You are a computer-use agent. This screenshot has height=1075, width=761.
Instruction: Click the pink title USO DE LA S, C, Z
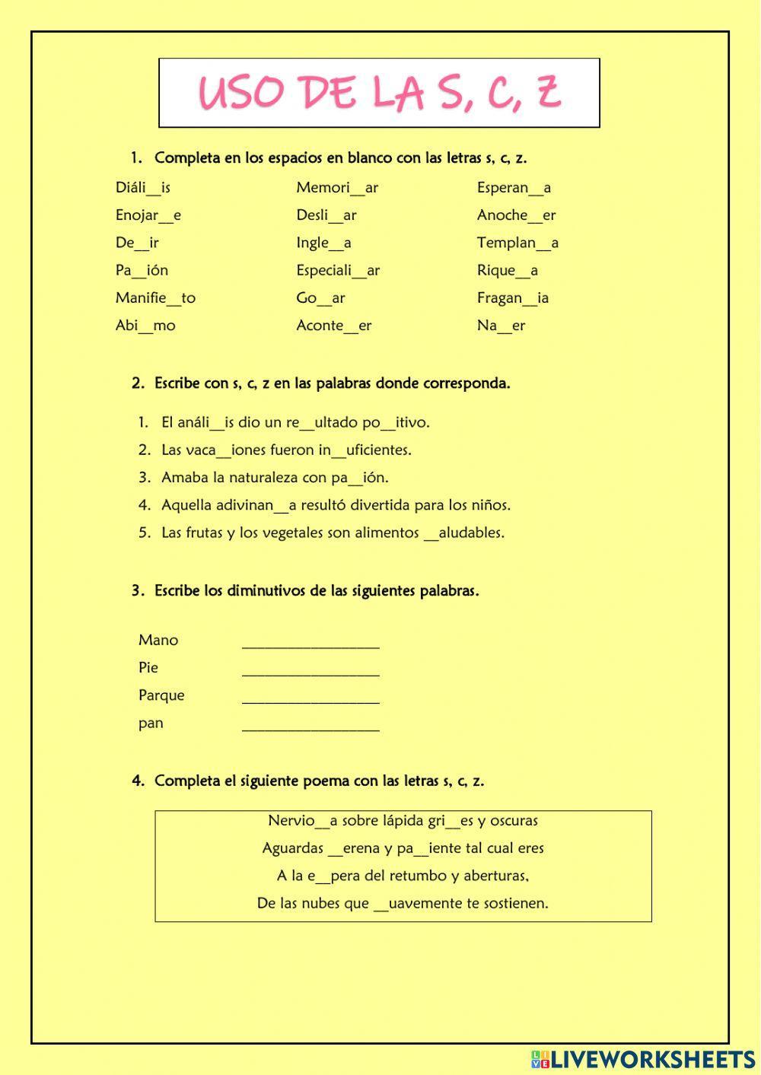(x=379, y=93)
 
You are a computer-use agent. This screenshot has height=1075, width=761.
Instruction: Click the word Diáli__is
(x=143, y=188)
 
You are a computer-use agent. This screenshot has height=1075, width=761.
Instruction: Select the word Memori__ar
(x=337, y=188)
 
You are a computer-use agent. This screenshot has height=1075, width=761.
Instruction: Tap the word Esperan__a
(x=514, y=188)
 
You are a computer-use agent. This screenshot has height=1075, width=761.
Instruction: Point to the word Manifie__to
(x=155, y=298)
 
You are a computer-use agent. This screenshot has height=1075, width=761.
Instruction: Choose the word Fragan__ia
(x=512, y=298)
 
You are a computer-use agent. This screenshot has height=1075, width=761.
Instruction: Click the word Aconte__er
(x=333, y=326)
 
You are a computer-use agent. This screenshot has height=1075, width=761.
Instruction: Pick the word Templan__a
(x=517, y=243)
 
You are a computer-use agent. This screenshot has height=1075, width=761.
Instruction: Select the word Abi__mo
(x=145, y=326)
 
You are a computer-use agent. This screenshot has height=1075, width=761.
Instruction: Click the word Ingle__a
(x=323, y=243)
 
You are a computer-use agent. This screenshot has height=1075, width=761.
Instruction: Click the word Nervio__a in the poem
(x=302, y=821)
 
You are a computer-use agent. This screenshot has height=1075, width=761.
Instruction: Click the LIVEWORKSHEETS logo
(x=643, y=1059)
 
